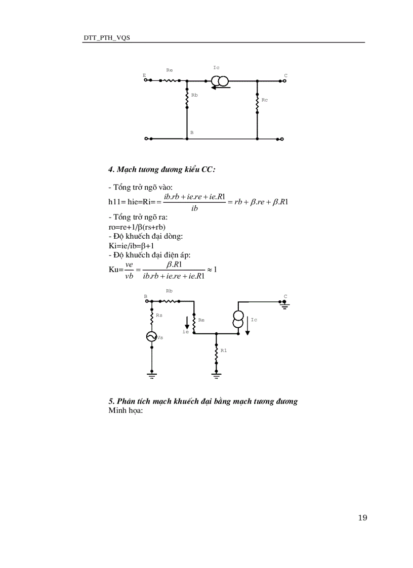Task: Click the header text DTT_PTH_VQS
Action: [x=106, y=38]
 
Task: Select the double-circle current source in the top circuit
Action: [x=220, y=80]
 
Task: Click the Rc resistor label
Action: [x=265, y=100]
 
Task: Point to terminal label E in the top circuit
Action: [x=144, y=75]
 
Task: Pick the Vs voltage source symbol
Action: [x=151, y=337]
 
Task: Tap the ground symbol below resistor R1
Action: [x=216, y=375]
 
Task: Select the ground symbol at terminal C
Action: [x=285, y=305]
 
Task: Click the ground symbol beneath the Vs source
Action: [x=151, y=375]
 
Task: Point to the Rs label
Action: [x=159, y=315]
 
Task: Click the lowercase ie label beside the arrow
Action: [x=186, y=332]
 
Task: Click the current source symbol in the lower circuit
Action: [x=238, y=319]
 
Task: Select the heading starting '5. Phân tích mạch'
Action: [x=203, y=401]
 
